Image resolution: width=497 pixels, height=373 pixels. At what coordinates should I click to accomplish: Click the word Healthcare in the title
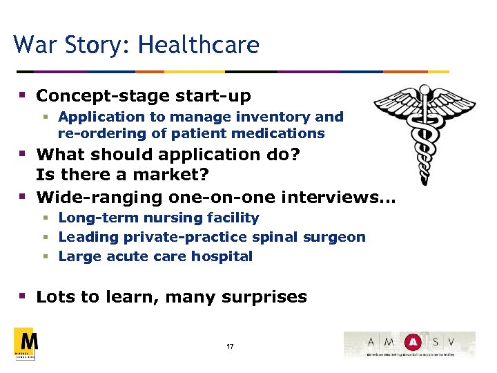pos(199,46)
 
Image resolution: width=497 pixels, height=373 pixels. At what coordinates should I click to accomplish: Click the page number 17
pos(230,346)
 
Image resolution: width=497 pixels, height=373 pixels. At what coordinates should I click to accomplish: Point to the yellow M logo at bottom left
pos(26,343)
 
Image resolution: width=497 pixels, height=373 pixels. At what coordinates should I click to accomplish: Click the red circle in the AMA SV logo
pos(413,341)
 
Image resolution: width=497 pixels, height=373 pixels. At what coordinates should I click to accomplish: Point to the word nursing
pos(161,218)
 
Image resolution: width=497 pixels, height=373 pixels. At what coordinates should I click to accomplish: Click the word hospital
pos(222,256)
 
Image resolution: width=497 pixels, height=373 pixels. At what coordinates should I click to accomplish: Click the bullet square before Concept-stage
pos(23,95)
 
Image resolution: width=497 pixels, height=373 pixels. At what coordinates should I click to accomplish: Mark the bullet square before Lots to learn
pos(23,296)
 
